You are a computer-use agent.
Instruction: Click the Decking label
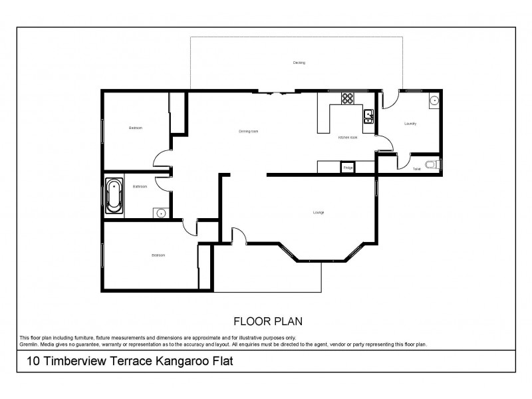299,63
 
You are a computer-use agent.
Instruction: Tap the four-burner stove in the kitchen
348,98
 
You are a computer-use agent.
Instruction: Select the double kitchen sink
368,117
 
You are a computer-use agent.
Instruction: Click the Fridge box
348,168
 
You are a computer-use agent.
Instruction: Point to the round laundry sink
433,101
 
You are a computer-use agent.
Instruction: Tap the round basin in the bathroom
160,213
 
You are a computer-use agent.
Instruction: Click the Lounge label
319,213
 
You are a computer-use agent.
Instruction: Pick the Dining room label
248,132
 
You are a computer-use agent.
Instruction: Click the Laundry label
410,124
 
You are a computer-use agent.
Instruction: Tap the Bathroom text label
140,187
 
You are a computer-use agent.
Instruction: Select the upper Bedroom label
136,128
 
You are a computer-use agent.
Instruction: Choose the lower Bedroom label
158,255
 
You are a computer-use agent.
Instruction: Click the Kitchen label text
348,138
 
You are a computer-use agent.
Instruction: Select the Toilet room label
416,170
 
